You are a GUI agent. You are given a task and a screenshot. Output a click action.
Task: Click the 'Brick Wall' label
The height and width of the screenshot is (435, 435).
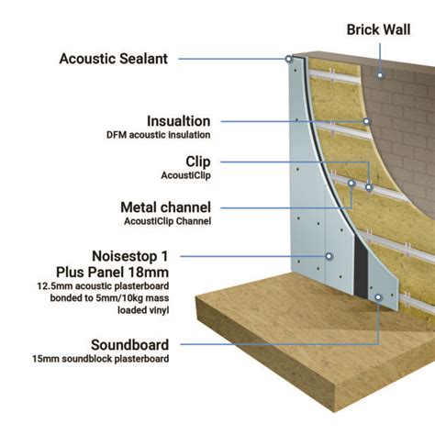(x=378, y=29)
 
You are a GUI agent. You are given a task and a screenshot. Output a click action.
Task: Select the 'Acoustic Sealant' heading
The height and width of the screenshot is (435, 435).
(x=113, y=59)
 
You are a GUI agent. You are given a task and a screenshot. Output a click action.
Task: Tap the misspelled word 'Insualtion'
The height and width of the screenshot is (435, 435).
(x=178, y=120)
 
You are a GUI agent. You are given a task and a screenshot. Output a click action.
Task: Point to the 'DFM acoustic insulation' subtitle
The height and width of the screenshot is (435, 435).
(x=158, y=135)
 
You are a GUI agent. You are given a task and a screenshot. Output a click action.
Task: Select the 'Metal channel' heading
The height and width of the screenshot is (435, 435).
(x=165, y=206)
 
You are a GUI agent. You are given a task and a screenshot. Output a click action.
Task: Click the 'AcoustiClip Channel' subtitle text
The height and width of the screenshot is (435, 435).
(x=166, y=221)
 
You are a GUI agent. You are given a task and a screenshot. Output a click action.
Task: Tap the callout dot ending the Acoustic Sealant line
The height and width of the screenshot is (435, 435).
(x=288, y=59)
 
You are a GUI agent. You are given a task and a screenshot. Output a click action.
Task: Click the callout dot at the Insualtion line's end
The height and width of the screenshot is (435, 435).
(x=367, y=120)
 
